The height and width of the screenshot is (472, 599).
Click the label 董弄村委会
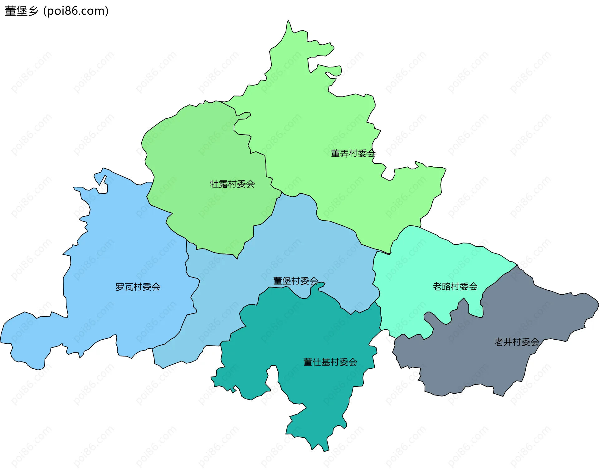coord(353,154)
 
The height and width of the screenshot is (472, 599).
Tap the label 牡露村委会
coord(232,184)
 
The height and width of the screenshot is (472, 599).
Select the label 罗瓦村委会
coord(138,287)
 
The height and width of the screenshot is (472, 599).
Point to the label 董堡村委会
coord(295,281)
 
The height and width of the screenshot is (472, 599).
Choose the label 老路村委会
coord(455,287)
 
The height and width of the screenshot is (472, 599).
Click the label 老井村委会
coord(517,342)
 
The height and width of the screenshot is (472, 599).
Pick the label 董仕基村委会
coord(330,362)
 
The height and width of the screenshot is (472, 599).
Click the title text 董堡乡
coord(22,11)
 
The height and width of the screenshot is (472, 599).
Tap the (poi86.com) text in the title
coord(76,11)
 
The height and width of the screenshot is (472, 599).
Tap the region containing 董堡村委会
coord(281,250)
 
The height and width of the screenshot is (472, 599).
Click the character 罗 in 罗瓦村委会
coord(120,287)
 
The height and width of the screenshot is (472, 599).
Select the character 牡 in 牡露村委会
coord(214,184)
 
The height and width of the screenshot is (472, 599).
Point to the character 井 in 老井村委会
coord(508,342)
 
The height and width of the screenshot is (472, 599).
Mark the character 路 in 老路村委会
coord(446,287)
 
